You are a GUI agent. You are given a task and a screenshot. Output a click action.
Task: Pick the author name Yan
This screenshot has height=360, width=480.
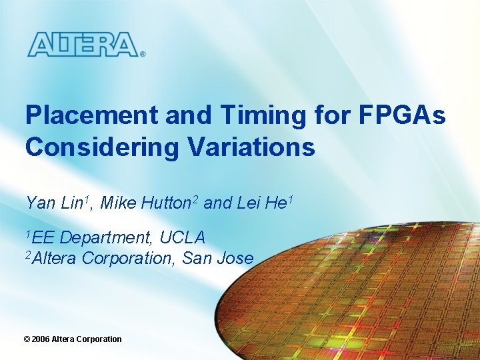click(x=40, y=203)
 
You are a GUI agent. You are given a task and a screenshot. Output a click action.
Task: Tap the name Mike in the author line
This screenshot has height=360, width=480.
click(x=119, y=203)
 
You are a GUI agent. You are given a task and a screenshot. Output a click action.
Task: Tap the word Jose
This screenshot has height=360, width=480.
click(x=235, y=258)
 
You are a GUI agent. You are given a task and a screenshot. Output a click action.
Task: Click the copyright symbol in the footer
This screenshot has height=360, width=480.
click(x=27, y=339)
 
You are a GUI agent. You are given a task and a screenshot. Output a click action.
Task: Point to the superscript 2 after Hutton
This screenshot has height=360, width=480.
click(x=196, y=199)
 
